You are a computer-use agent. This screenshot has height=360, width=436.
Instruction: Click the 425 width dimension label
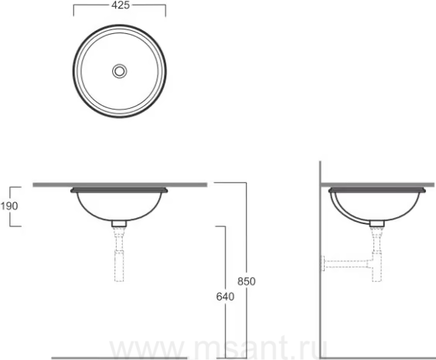tap(121, 5)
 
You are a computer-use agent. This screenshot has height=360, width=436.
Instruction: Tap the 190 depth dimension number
tap(9, 206)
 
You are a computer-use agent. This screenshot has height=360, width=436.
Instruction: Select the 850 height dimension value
tap(247, 281)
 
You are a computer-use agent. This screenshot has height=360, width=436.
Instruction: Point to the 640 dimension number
tap(225, 297)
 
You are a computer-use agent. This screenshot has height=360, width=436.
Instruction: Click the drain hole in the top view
tap(120, 71)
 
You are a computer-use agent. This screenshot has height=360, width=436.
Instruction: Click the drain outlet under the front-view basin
tap(119, 223)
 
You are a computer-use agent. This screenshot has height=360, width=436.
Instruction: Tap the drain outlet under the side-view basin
tap(377, 223)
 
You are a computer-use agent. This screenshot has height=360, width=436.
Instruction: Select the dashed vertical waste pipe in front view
tap(119, 254)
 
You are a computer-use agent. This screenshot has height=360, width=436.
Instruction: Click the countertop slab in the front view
tap(120, 185)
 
